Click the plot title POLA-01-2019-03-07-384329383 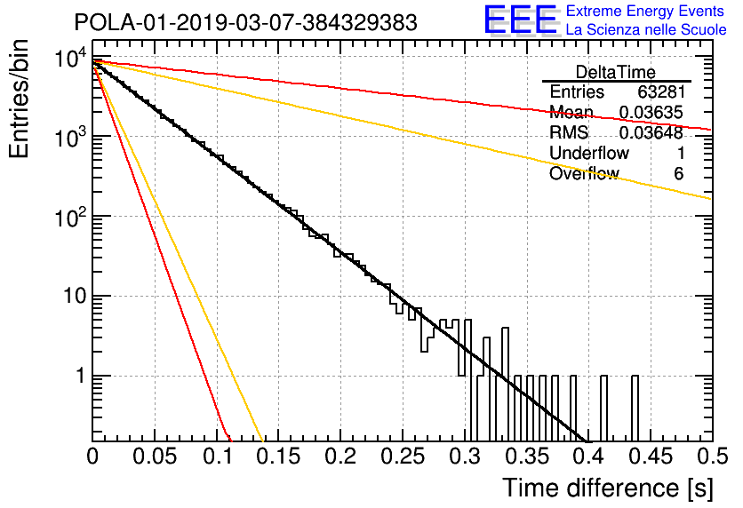(246, 22)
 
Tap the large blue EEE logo (520, 20)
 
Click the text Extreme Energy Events (645, 11)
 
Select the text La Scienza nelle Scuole (646, 30)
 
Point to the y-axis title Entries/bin (20, 99)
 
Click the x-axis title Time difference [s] (608, 488)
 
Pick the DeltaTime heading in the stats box (616, 72)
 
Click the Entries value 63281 (661, 91)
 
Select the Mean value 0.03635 (651, 112)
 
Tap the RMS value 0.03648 (651, 132)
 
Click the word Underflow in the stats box (589, 153)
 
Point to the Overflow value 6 (678, 173)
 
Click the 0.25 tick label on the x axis (403, 456)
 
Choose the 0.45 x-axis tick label (651, 456)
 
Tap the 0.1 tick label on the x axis (217, 456)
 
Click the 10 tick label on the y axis (75, 296)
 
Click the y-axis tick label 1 (81, 376)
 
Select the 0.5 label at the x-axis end (712, 456)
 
